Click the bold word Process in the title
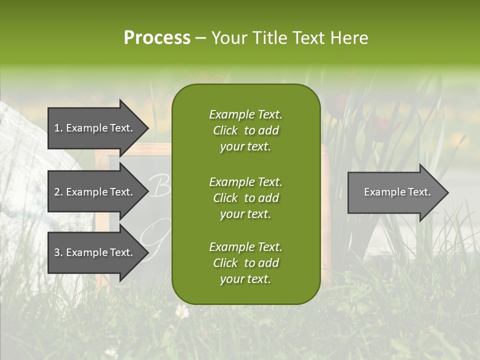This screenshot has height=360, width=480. click(x=157, y=38)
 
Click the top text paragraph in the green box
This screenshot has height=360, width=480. click(x=245, y=130)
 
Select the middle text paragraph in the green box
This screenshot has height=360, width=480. click(x=245, y=197)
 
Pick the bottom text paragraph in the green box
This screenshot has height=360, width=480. click(x=245, y=263)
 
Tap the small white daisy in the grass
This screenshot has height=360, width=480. click(x=182, y=311)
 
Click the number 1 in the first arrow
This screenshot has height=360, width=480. click(x=57, y=128)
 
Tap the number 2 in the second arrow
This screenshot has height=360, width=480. click(x=57, y=192)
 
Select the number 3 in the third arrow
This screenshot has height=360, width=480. click(x=57, y=252)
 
